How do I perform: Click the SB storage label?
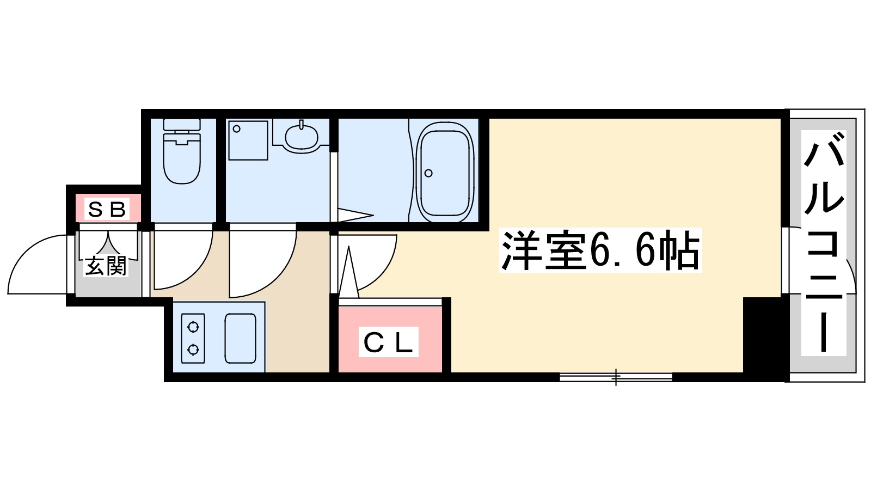107,209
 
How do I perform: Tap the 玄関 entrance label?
105,266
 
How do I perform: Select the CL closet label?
388,342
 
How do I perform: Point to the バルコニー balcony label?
824,242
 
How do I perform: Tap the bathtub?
444,172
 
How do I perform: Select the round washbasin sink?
301,136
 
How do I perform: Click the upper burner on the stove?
193,327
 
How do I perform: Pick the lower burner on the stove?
193,349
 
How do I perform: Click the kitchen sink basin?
240,338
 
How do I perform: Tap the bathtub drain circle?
428,173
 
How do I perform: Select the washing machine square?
248,140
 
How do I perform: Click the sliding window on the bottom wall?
616,376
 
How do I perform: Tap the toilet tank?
182,125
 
